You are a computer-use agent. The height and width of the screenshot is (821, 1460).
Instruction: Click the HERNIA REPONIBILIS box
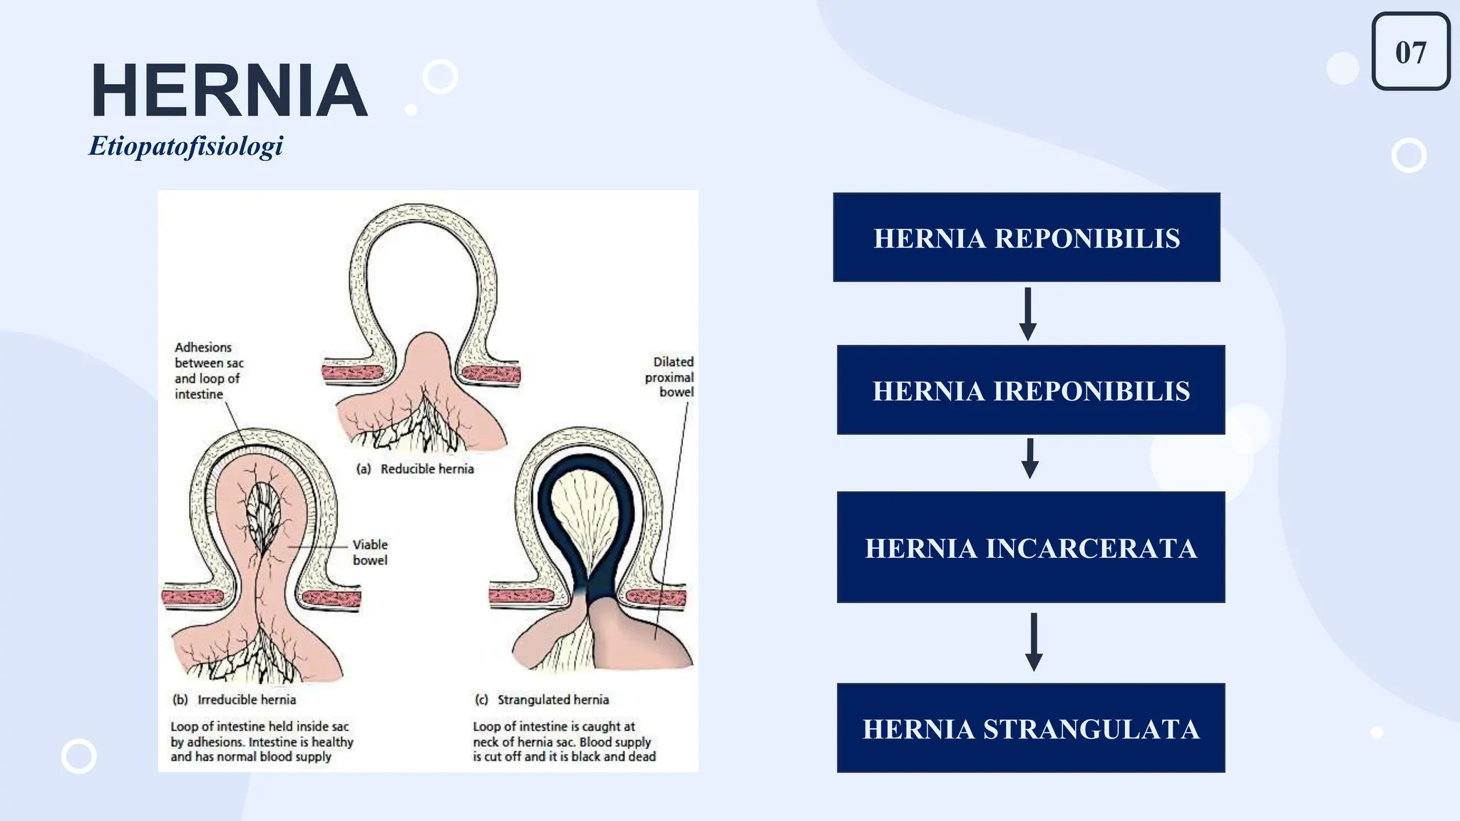pos(1027,237)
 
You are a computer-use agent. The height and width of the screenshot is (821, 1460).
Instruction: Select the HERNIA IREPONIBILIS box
pos(1031,390)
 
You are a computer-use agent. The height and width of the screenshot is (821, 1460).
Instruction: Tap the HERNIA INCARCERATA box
pos(1031,547)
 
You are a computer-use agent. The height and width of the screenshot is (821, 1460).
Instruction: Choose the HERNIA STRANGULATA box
pos(1031,728)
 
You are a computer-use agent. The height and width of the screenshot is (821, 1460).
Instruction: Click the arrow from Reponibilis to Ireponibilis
pos(1027,314)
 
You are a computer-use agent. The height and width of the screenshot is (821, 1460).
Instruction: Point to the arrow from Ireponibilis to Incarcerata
pos(1029,458)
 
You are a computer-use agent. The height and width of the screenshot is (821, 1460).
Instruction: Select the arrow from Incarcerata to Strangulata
pos(1034,641)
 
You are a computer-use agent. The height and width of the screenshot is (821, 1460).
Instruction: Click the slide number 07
pos(1411,52)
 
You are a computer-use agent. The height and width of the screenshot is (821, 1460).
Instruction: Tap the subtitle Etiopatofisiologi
pos(185,146)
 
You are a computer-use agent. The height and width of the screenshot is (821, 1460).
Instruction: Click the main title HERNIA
pos(229,91)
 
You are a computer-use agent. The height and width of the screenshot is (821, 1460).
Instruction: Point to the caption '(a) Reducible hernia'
pos(415,469)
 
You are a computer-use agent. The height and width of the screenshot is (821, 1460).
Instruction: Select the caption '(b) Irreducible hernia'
pos(234,700)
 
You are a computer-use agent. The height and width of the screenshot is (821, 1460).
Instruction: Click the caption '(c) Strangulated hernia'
pos(542,700)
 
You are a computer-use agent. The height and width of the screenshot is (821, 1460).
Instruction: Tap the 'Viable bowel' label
pos(370,552)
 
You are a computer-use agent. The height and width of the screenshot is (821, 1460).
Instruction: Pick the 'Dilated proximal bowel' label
pos(670,377)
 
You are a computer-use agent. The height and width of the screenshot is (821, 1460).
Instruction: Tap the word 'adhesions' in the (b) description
pos(215,742)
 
